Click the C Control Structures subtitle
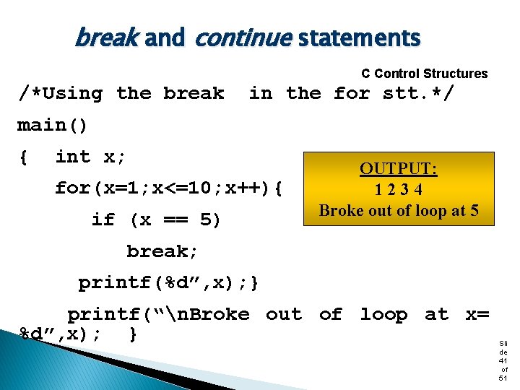click(424, 74)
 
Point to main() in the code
click(52, 125)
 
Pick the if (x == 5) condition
click(156, 220)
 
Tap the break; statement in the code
click(162, 251)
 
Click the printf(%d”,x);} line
click(169, 282)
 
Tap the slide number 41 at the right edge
click(503, 360)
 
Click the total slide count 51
click(503, 378)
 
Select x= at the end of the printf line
click(477, 314)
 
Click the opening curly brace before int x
click(24, 157)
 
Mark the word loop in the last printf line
click(384, 314)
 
